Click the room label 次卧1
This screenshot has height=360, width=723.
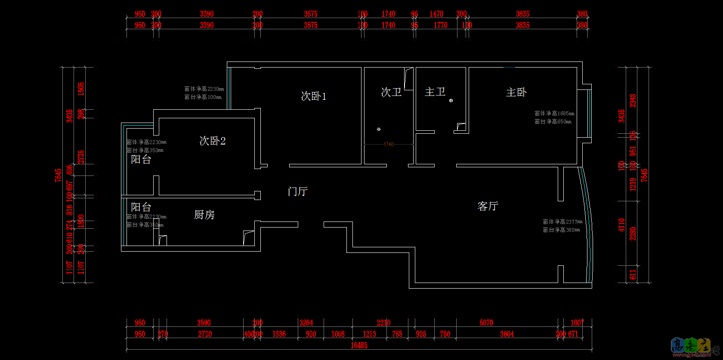pyautogui.click(x=313, y=96)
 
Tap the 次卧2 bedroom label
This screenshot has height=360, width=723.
pyautogui.click(x=212, y=141)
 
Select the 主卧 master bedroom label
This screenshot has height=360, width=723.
pyautogui.click(x=516, y=92)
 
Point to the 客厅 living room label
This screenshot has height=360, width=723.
pyautogui.click(x=488, y=206)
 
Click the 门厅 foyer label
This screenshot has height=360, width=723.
pyautogui.click(x=297, y=191)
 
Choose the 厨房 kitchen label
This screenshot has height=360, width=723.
pyautogui.click(x=204, y=215)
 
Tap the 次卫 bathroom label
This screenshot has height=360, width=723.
pyautogui.click(x=391, y=92)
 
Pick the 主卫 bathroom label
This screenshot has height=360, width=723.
pyautogui.click(x=435, y=92)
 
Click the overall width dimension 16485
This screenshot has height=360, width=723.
pyautogui.click(x=359, y=345)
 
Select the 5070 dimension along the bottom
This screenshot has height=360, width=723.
pyautogui.click(x=486, y=323)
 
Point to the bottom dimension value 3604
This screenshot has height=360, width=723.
pyautogui.click(x=507, y=334)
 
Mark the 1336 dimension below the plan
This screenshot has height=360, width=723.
pyautogui.click(x=279, y=334)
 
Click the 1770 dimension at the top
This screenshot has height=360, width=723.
pyautogui.click(x=441, y=25)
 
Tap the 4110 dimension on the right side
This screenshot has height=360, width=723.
pyautogui.click(x=621, y=225)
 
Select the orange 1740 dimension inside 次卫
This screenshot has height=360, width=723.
pyautogui.click(x=389, y=145)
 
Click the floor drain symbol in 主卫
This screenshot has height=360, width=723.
pyautogui.click(x=451, y=101)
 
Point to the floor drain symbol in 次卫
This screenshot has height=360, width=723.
pyautogui.click(x=379, y=129)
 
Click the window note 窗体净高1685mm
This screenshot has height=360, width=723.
pyautogui.click(x=554, y=114)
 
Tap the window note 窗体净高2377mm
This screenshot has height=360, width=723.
pyautogui.click(x=562, y=222)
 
